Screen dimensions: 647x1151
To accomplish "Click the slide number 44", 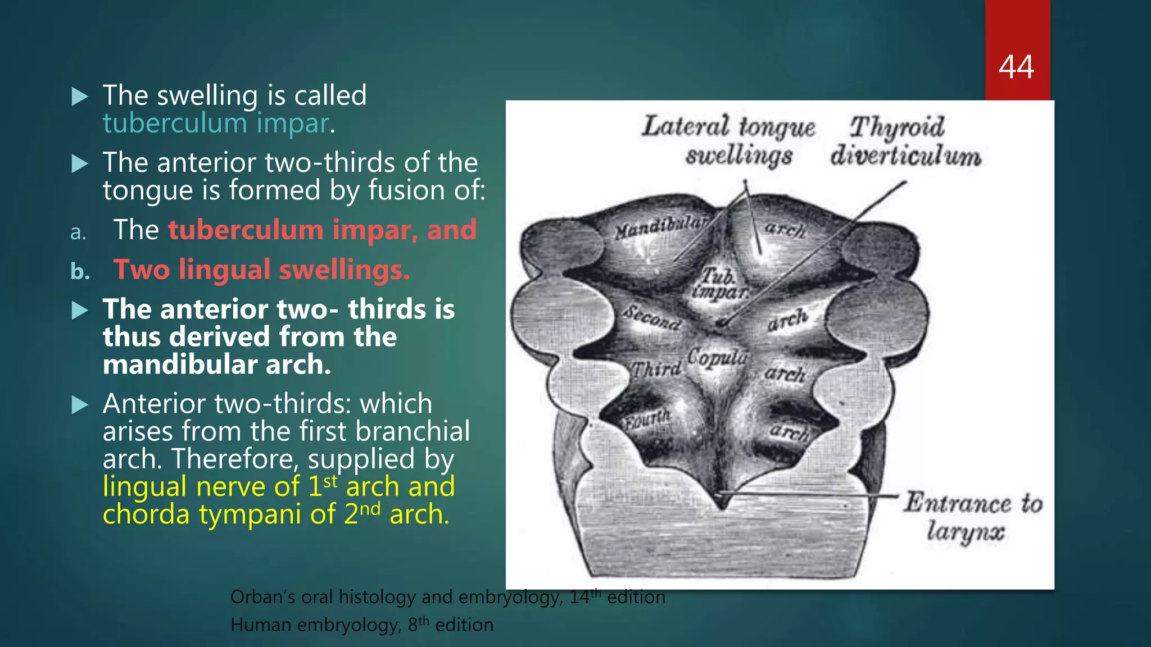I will (x=1016, y=67).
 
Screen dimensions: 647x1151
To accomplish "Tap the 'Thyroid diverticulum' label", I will (x=905, y=141).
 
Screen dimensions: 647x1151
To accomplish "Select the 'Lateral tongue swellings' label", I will (x=728, y=141).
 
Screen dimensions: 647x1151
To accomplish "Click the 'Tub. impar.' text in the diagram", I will (x=719, y=284).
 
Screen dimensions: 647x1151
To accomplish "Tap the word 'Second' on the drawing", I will (x=652, y=318).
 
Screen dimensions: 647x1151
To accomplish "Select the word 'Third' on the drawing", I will (x=656, y=369).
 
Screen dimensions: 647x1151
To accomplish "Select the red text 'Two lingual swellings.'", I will (x=261, y=270).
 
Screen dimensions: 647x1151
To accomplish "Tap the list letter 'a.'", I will (x=78, y=232).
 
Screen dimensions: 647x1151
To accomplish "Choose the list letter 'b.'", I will (x=80, y=271).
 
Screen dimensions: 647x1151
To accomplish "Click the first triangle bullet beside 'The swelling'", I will (x=80, y=97).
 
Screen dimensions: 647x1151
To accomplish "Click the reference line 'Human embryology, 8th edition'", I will (x=361, y=625).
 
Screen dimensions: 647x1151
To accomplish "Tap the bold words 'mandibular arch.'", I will (x=217, y=364).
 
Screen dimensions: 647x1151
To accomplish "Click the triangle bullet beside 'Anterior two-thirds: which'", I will (x=80, y=404).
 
